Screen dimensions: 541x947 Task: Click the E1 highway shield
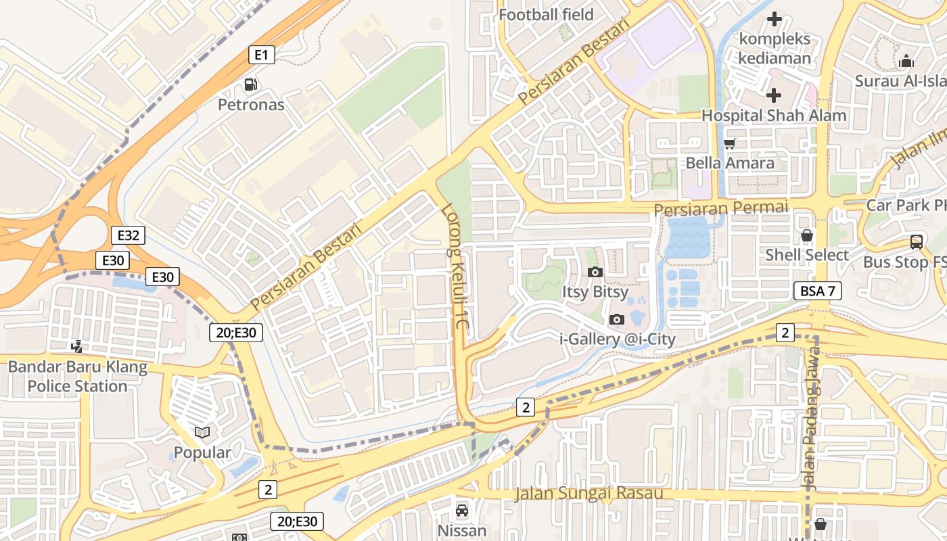coord(261,55)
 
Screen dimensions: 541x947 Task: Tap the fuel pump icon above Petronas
coord(251,85)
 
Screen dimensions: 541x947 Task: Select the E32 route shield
coord(128,235)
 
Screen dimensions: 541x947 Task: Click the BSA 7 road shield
coord(817,291)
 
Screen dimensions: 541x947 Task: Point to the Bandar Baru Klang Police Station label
coord(77,377)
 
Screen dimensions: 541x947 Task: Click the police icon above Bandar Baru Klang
coord(77,347)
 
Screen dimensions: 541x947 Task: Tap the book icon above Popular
coord(202,431)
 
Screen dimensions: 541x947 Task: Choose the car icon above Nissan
coord(462,510)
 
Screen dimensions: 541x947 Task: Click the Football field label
coord(546,14)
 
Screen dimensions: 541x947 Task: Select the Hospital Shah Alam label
coord(773,115)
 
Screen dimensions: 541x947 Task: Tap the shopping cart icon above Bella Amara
coord(729,143)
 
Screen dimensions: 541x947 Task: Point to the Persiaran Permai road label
coord(721,208)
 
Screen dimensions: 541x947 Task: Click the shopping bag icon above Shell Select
coord(806,235)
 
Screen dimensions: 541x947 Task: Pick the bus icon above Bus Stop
coord(916,242)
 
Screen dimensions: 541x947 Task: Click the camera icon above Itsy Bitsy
coord(595,272)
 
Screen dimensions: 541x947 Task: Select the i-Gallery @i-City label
coord(617,339)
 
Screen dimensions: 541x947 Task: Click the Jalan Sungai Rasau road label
coord(588,493)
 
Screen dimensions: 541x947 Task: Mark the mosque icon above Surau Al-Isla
coord(906,61)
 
